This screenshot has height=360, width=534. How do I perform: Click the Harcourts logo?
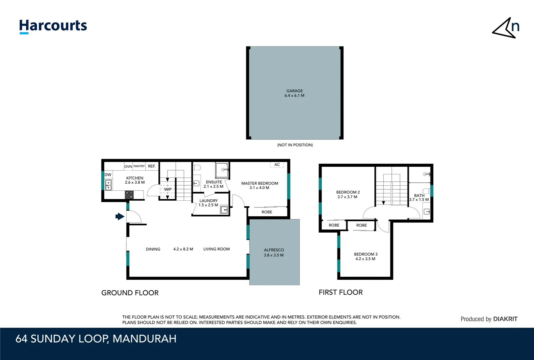coord(53,26)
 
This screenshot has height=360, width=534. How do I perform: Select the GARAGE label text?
coord(294,91)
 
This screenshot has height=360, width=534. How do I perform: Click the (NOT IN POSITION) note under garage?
coord(295,145)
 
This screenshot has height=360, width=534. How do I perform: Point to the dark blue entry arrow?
coord(120,217)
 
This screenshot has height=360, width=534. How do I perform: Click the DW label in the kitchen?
coord(108,175)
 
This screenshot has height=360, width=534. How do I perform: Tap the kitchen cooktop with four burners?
coord(129,195)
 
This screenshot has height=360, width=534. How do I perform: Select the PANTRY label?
coord(139,166)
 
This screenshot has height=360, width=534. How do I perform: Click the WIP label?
coord(168,189)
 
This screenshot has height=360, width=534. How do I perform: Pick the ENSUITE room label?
coord(214,182)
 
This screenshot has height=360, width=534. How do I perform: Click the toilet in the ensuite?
coord(197,167)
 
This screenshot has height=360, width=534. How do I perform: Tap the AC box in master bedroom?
coord(277,165)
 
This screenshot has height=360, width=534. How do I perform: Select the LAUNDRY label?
coord(209,201)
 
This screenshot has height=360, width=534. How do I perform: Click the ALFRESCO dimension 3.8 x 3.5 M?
coord(274,255)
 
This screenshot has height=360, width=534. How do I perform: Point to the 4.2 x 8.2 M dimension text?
coord(183,249)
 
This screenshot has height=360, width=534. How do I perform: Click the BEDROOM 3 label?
coord(365,254)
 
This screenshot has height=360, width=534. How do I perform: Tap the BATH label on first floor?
coord(419,196)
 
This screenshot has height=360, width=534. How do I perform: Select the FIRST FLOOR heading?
coord(340,292)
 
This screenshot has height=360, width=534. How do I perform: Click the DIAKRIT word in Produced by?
coord(505,319)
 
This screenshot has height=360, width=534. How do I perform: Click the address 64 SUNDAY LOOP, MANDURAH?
coord(96,339)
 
